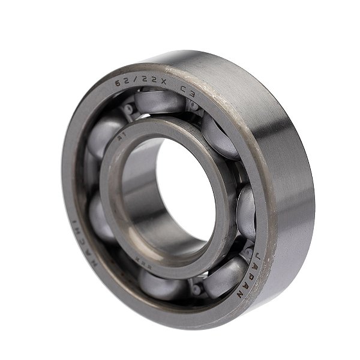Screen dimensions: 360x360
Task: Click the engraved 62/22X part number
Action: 137,82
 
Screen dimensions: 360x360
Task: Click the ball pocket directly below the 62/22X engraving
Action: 157,103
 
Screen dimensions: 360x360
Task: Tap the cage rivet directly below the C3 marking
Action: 193,106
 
